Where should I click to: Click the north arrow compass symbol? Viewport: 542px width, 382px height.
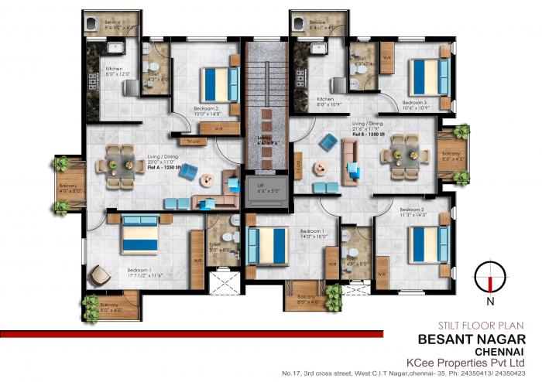click(x=489, y=275)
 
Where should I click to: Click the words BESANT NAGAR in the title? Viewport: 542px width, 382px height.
click(x=472, y=339)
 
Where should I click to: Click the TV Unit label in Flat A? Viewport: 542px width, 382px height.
click(x=194, y=142)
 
